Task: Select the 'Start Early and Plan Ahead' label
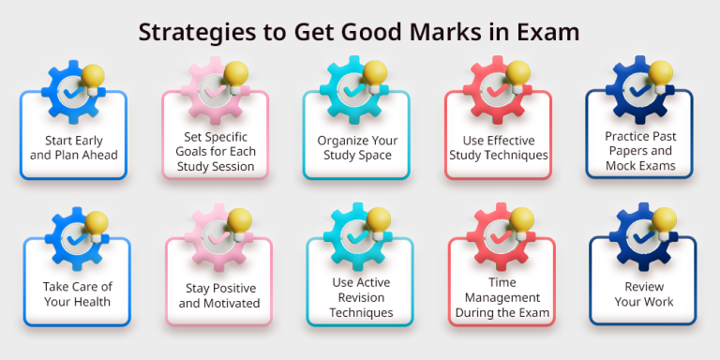(73, 147)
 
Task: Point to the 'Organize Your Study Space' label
(357, 148)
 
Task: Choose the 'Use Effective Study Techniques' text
(498, 147)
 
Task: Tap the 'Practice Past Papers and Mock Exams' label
(639, 150)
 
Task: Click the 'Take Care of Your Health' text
(76, 293)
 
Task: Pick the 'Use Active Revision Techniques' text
(361, 296)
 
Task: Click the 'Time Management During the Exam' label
(502, 296)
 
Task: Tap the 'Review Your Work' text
(642, 293)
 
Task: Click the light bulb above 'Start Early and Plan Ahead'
(94, 77)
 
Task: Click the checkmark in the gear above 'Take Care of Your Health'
(71, 239)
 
